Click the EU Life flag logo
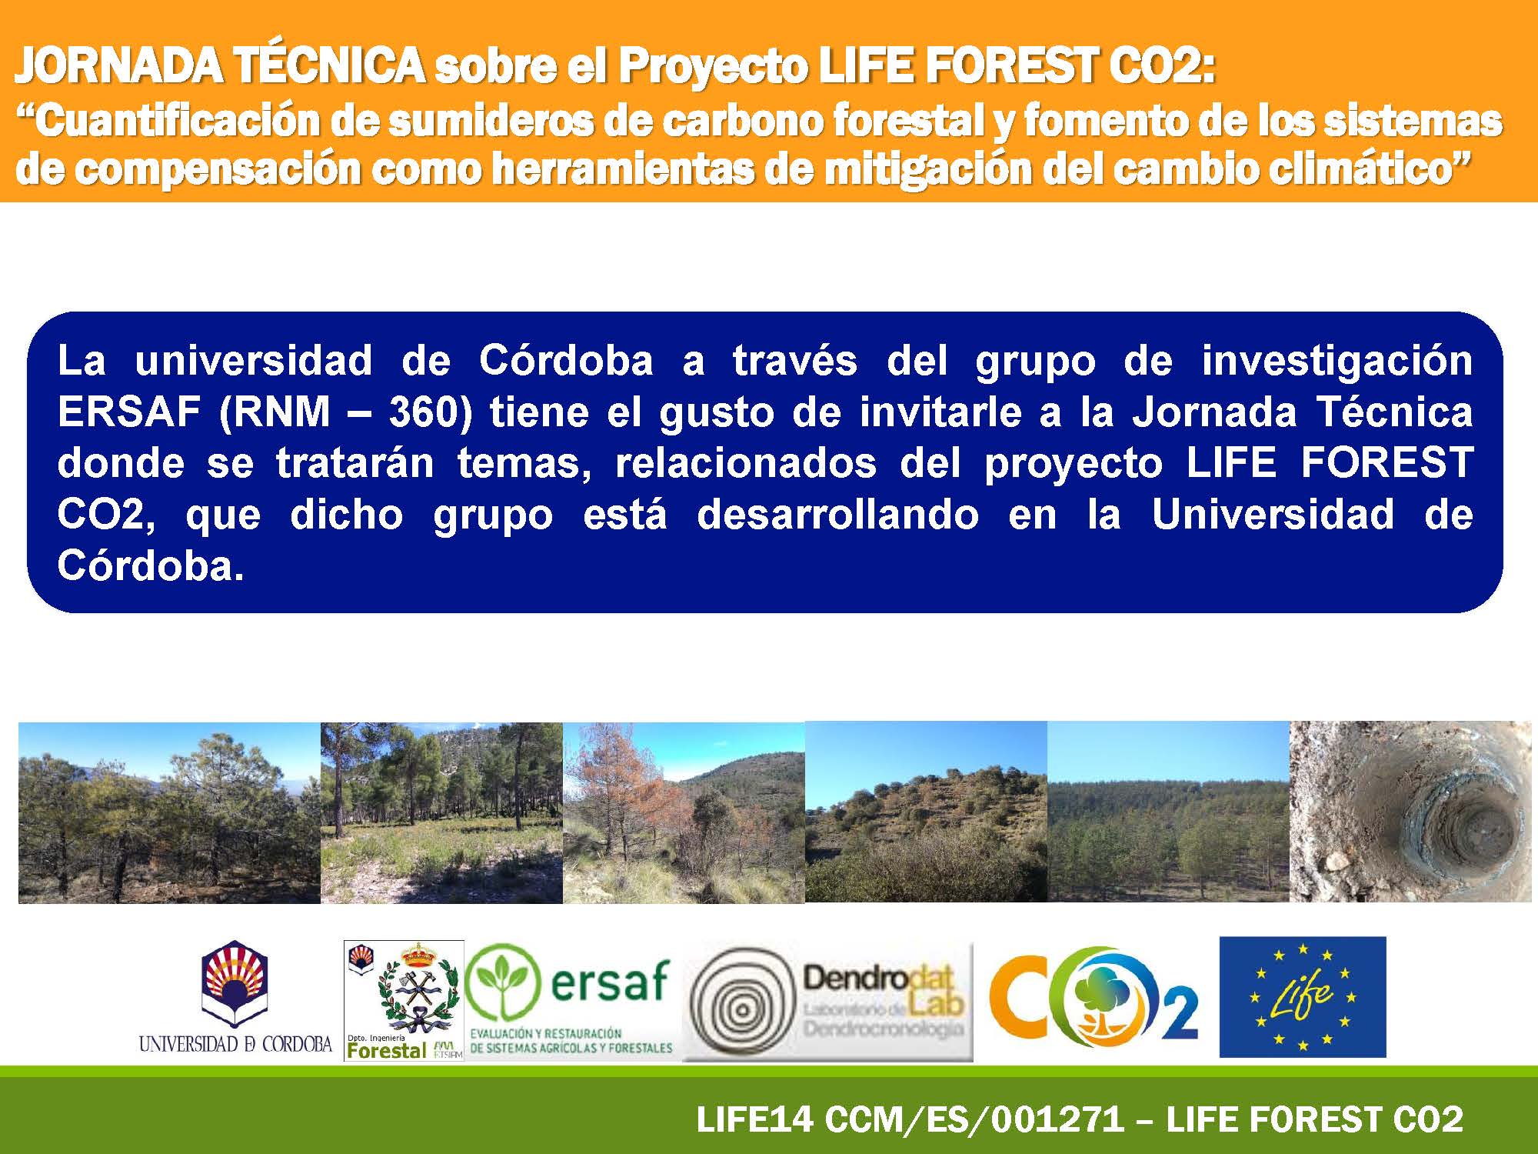(x=1303, y=997)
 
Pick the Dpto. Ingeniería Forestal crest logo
(x=404, y=1001)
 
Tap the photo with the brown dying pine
(x=684, y=812)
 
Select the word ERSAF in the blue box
(x=130, y=412)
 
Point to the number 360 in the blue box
(x=430, y=412)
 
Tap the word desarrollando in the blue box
(x=838, y=515)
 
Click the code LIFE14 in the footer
(x=754, y=1119)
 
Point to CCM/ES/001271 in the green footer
(x=974, y=1119)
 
